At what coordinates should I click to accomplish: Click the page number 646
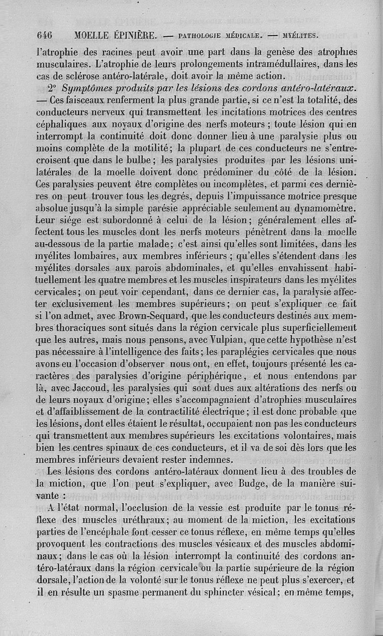pyautogui.click(x=44, y=35)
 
